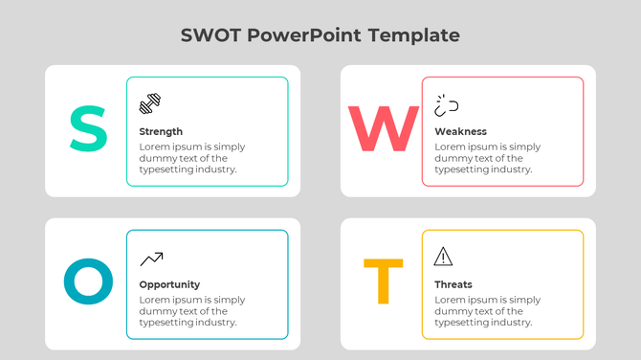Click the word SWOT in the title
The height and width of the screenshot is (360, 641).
210,35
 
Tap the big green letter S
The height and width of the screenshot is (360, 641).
88,129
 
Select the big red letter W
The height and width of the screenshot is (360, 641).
383,130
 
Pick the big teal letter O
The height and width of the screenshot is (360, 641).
88,282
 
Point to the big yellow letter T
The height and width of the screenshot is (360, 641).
383,282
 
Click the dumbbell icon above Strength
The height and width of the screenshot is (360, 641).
150,103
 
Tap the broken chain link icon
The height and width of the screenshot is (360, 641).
446,103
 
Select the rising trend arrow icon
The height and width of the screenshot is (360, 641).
151,258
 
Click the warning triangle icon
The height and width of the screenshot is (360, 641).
443,256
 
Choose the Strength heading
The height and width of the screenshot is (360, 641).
161,131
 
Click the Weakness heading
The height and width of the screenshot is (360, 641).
460,131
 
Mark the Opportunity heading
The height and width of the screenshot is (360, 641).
169,284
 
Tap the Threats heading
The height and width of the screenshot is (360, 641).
453,284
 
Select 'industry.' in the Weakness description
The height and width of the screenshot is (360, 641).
510,169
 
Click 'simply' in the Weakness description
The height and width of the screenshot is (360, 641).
524,146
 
